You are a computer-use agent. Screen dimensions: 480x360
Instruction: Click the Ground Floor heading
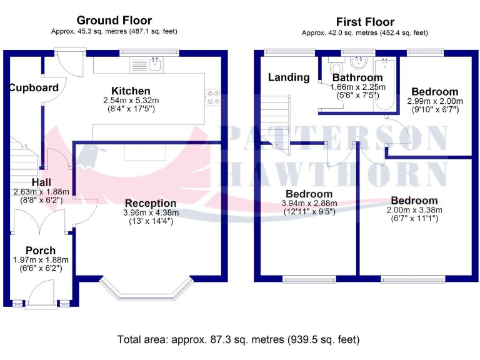(114, 21)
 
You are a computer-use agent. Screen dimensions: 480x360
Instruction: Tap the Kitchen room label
(131, 91)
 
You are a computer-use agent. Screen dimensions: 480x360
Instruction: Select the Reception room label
(151, 203)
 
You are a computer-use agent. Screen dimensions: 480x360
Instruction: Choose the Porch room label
(41, 250)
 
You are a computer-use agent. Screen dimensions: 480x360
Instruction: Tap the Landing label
(289, 77)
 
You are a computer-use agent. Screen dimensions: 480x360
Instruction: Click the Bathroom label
(357, 78)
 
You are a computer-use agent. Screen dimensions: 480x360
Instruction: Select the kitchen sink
(153, 63)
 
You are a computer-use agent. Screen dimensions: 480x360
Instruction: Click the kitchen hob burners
(212, 97)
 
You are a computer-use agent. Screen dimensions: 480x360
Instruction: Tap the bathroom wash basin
(359, 63)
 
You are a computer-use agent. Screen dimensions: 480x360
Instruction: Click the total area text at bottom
(238, 340)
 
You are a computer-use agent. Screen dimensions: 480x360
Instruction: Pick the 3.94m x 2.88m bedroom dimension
(309, 203)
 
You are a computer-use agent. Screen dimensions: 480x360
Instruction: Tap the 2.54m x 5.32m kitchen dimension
(131, 100)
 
